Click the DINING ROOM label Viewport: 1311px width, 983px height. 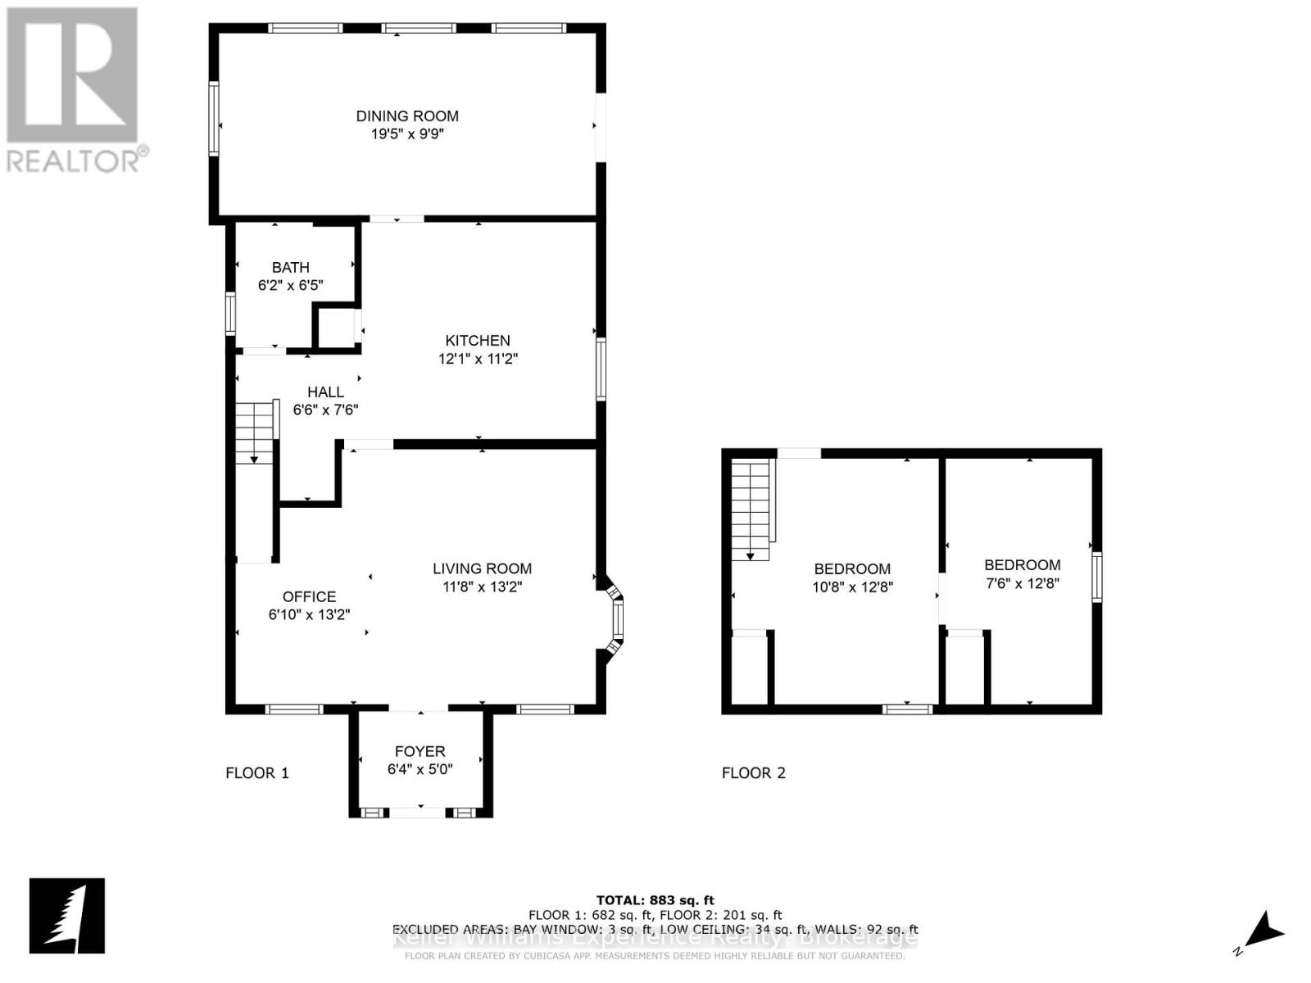[x=406, y=116]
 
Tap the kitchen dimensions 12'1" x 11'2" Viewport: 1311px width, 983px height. [x=478, y=359]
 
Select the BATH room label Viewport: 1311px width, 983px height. [x=290, y=267]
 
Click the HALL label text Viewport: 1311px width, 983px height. [x=325, y=392]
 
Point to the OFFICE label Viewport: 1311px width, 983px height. [x=309, y=596]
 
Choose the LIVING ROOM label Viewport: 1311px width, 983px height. [x=482, y=569]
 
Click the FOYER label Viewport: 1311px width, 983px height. [x=420, y=751]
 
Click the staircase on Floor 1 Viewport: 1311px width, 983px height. [x=255, y=433]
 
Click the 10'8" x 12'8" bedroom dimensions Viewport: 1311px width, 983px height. [x=852, y=587]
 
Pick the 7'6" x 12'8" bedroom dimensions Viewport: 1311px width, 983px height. [x=1022, y=583]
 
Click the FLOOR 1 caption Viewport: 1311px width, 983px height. [x=257, y=772]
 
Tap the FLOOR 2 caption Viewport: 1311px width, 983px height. [x=753, y=772]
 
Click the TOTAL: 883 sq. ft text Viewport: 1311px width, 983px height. [x=655, y=900]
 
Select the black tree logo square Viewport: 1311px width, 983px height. [x=67, y=916]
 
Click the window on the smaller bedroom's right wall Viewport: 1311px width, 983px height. [x=1096, y=577]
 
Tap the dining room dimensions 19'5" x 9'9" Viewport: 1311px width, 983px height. [x=406, y=134]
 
